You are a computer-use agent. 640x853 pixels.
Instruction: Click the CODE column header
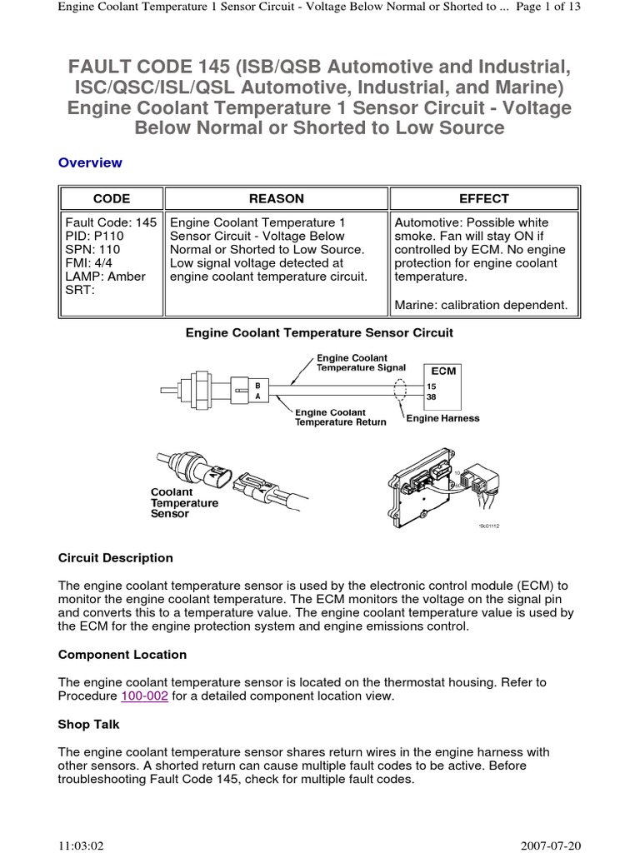pyautogui.click(x=111, y=198)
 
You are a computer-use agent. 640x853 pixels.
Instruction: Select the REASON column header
pyautogui.click(x=277, y=198)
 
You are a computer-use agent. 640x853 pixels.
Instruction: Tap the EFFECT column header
pyautogui.click(x=483, y=198)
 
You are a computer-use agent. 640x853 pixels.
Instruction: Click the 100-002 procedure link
pyautogui.click(x=145, y=696)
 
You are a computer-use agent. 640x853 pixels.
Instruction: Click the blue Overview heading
pyautogui.click(x=90, y=162)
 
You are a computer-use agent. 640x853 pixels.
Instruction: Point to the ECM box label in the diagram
pyautogui.click(x=443, y=370)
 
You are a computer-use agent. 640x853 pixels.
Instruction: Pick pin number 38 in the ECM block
pyautogui.click(x=432, y=397)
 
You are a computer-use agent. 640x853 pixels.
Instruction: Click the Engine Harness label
pyautogui.click(x=442, y=418)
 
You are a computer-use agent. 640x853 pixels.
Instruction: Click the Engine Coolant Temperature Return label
pyautogui.click(x=341, y=417)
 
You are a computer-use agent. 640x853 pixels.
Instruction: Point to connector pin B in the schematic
pyautogui.click(x=257, y=385)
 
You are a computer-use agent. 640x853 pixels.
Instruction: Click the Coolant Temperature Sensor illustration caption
pyautogui.click(x=184, y=503)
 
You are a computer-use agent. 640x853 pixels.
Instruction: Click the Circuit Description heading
pyautogui.click(x=116, y=558)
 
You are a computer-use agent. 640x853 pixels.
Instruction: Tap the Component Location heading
pyautogui.click(x=122, y=655)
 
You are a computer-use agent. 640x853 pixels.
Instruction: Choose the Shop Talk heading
pyautogui.click(x=89, y=725)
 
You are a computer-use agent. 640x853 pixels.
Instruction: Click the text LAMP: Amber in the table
pyautogui.click(x=105, y=276)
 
